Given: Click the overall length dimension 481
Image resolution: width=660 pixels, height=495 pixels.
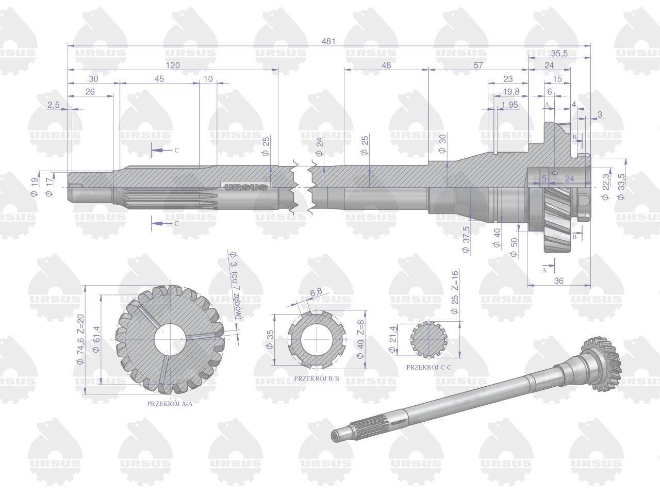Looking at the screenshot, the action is [x=328, y=41].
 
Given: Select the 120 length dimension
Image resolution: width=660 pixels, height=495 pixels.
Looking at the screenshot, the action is [x=173, y=65].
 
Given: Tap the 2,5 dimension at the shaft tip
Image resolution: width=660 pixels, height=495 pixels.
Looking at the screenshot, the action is [x=54, y=104].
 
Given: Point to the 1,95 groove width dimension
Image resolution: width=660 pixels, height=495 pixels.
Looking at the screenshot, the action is [x=509, y=105].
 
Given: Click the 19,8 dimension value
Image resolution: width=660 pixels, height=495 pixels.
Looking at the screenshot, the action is [x=511, y=92].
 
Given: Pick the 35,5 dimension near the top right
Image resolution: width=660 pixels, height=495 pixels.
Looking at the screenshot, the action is [x=559, y=53].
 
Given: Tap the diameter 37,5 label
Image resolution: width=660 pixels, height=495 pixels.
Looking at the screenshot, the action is [x=466, y=240].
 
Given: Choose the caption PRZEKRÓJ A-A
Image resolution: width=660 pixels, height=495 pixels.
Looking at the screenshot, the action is [x=170, y=404].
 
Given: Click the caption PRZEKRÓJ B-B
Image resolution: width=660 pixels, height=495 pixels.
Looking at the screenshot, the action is [x=317, y=378].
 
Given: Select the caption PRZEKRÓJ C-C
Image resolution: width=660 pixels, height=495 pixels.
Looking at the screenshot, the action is [x=429, y=367].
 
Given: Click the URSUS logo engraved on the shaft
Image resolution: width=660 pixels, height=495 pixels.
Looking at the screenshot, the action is [x=246, y=187].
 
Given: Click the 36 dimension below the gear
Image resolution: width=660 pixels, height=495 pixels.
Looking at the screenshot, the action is [x=558, y=280].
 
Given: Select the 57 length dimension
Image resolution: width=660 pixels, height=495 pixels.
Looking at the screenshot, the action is [x=478, y=65].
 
